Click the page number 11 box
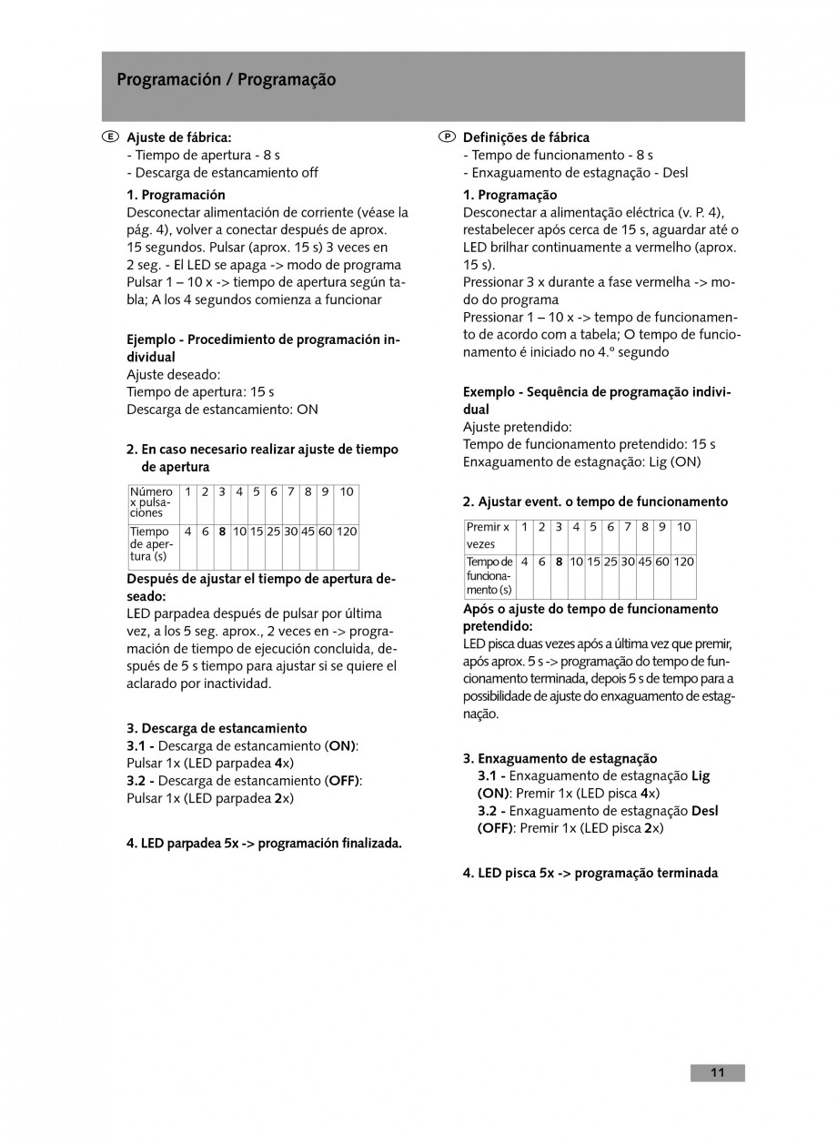717,1073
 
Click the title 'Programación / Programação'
226,80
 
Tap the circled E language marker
109,137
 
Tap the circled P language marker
446,137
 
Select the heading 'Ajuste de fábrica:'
178,137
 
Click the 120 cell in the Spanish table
347,532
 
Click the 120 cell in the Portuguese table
683,562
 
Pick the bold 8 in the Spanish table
222,532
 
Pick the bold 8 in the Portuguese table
559,562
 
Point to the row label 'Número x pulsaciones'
151,501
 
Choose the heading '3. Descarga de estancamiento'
217,728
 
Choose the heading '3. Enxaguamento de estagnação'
560,758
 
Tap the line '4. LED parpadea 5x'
264,843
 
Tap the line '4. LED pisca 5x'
590,873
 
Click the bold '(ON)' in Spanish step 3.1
340,745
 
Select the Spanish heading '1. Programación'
176,195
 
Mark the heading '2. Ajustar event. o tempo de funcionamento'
595,501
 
